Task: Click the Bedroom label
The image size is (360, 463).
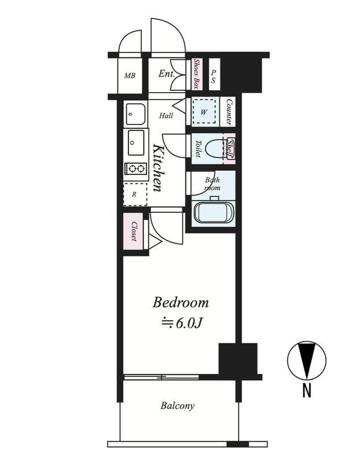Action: pyautogui.click(x=181, y=303)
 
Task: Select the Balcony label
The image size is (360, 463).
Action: pyautogui.click(x=178, y=406)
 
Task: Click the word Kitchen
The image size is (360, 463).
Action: pyautogui.click(x=157, y=168)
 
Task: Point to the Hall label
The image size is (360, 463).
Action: pyautogui.click(x=166, y=115)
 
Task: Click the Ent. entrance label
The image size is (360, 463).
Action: pyautogui.click(x=167, y=74)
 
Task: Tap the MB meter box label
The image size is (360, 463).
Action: pyautogui.click(x=130, y=76)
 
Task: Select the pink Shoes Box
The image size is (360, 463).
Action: pyautogui.click(x=195, y=74)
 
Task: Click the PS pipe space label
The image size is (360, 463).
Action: pyautogui.click(x=214, y=76)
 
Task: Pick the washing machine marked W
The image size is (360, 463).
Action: pyautogui.click(x=204, y=112)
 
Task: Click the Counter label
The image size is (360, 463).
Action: pyautogui.click(x=229, y=112)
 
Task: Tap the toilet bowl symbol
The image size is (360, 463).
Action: pyautogui.click(x=214, y=149)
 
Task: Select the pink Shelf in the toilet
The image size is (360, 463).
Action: pyautogui.click(x=229, y=148)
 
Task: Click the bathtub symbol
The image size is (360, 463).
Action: pyautogui.click(x=214, y=213)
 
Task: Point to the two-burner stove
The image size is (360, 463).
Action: pyautogui.click(x=135, y=168)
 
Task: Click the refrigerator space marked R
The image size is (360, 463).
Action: pyautogui.click(x=135, y=194)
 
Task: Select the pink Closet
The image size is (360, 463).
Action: pyautogui.click(x=133, y=231)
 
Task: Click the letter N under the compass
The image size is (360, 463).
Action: pyautogui.click(x=307, y=389)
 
